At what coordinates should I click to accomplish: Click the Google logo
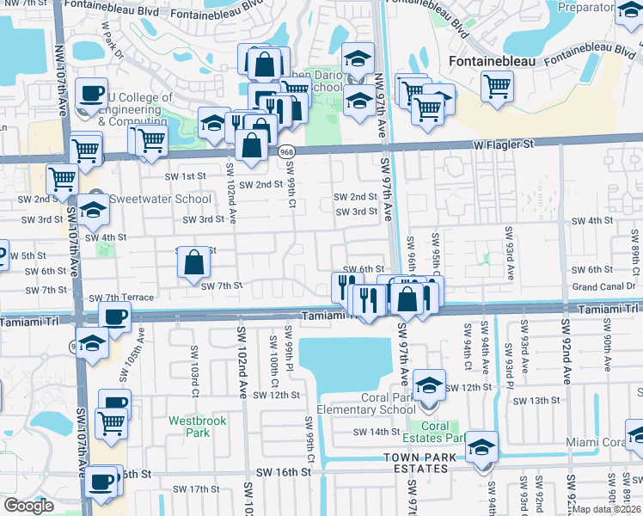28,506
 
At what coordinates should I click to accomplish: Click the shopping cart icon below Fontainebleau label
497,87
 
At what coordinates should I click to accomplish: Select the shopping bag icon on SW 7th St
195,262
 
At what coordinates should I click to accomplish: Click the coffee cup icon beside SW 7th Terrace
114,316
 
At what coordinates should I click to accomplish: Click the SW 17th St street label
193,489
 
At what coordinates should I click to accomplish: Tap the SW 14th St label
379,432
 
